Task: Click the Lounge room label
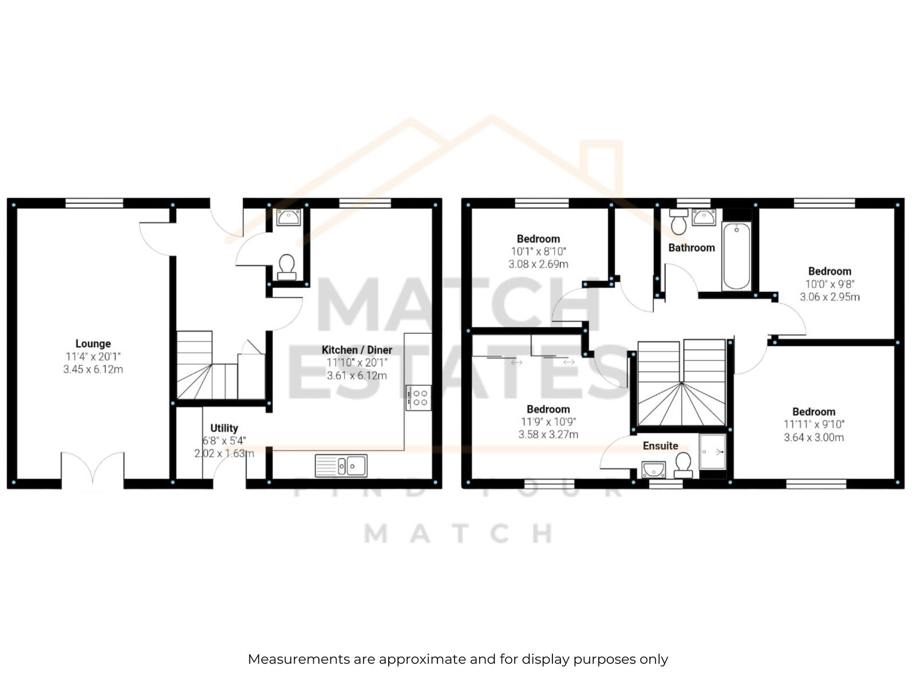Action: [93, 343]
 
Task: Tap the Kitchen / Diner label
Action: [357, 350]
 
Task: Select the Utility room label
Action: [224, 428]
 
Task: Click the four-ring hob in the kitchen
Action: [418, 397]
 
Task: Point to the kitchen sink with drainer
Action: [341, 465]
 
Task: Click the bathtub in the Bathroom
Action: [737, 256]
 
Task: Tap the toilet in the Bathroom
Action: [678, 222]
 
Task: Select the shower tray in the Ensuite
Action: [713, 452]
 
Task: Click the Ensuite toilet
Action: [683, 465]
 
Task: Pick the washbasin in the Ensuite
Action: [654, 469]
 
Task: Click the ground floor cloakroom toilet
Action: [287, 267]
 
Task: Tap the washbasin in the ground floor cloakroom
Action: [289, 218]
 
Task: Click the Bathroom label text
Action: [692, 248]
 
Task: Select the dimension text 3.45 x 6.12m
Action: [93, 369]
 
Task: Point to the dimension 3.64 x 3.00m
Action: [814, 437]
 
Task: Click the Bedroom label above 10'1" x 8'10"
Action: [538, 239]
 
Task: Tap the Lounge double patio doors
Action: [93, 470]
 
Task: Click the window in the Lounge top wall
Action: [94, 203]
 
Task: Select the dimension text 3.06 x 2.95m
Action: [830, 297]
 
